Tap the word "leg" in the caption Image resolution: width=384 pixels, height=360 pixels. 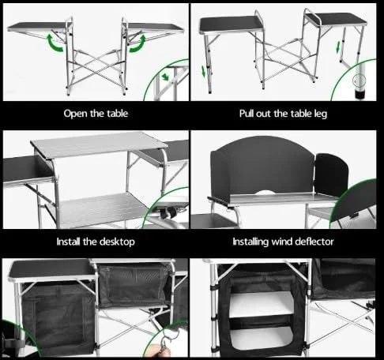click(x=321, y=114)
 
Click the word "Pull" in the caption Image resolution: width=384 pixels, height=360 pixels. click(x=247, y=114)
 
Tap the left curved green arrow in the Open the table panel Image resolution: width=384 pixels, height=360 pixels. click(x=54, y=43)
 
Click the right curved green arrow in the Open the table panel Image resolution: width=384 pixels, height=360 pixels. click(x=138, y=43)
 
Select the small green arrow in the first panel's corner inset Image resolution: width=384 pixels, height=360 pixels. click(x=165, y=77)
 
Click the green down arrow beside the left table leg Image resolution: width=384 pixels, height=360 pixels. click(x=204, y=71)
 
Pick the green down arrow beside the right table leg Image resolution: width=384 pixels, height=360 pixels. click(x=338, y=47)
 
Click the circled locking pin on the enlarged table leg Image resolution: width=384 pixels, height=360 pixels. click(x=359, y=80)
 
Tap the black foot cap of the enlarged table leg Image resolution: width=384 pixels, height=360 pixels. click(x=360, y=95)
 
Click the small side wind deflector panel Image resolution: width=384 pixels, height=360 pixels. click(x=332, y=174)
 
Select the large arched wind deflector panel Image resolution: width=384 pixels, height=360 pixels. click(x=262, y=167)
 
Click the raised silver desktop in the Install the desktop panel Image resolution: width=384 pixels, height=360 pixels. click(x=99, y=144)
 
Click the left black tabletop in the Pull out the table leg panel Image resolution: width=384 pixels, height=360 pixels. click(x=231, y=25)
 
